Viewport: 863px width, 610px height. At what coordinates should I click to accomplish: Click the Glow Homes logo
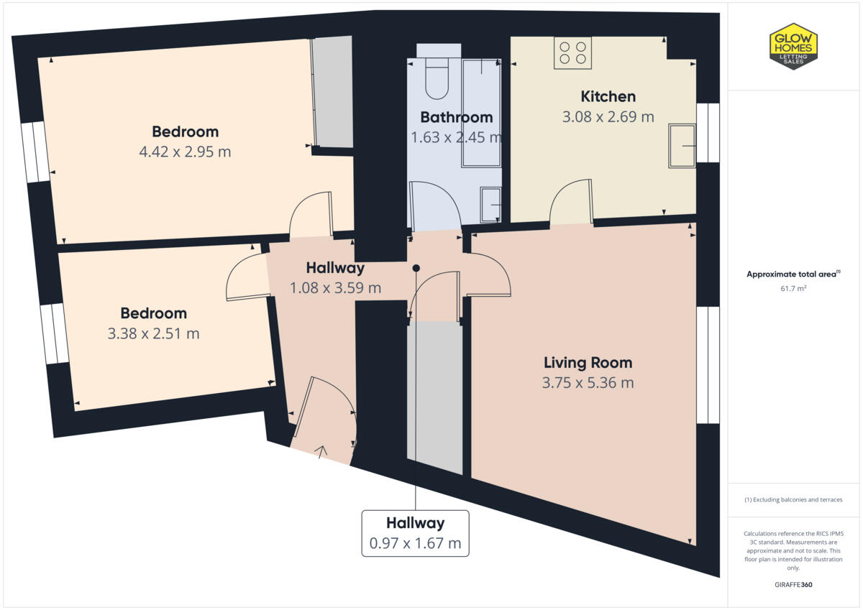tap(793, 46)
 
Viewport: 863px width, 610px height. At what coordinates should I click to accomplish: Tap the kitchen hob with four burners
tap(572, 53)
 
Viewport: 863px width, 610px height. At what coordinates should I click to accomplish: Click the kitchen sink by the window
tap(682, 145)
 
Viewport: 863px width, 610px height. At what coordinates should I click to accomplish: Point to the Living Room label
tap(588, 362)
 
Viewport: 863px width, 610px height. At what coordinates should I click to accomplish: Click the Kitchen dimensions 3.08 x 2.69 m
tap(608, 116)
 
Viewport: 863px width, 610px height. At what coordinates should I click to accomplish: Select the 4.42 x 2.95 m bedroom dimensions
tap(185, 152)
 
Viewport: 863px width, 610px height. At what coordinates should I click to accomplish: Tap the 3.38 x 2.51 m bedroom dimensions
tap(153, 333)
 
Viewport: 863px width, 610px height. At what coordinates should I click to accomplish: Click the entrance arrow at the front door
tap(321, 451)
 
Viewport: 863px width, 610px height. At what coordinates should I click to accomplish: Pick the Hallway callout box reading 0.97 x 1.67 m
tap(415, 533)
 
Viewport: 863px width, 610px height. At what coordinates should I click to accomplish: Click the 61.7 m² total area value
tap(793, 287)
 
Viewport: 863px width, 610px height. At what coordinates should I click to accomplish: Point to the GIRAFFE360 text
tap(793, 585)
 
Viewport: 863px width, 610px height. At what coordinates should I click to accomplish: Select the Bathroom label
tap(457, 117)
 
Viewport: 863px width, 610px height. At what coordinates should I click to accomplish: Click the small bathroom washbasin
tap(493, 204)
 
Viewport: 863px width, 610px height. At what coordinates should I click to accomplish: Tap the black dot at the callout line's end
tap(416, 268)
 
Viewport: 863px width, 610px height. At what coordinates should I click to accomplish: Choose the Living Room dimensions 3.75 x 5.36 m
tap(588, 383)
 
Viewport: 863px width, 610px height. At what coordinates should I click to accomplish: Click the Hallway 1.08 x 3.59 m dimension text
tap(335, 288)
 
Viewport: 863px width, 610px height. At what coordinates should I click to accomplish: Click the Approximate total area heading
tap(793, 274)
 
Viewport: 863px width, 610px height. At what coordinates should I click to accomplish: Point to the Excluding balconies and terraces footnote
tap(793, 499)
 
